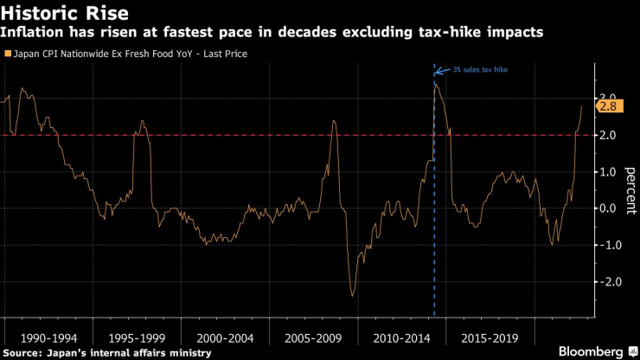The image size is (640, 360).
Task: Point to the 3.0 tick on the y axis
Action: click(608, 98)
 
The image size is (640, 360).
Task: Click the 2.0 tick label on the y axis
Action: click(608, 135)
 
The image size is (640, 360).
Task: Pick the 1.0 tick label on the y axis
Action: click(608, 171)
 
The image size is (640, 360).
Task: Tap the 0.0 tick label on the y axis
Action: click(608, 209)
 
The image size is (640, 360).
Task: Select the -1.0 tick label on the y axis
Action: click(606, 245)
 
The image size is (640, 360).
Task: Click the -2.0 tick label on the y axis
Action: click(606, 282)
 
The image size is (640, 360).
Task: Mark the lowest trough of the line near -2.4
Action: click(352, 296)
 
